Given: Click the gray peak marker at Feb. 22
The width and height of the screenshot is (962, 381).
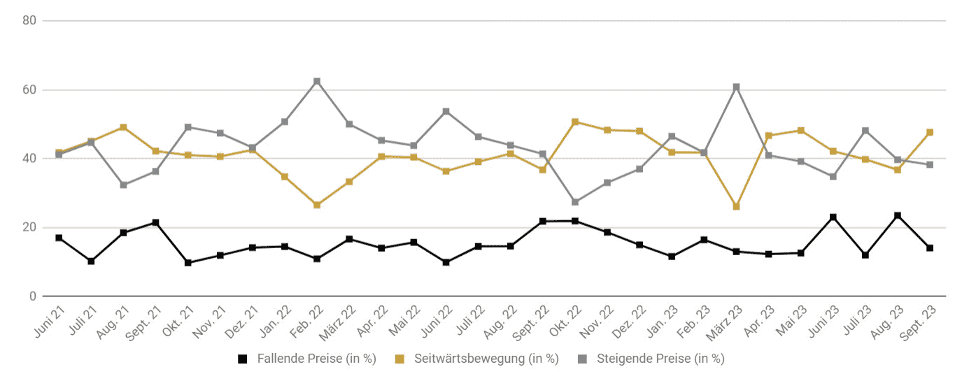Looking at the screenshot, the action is pos(317,82).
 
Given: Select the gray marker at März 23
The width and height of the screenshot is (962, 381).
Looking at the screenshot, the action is pos(737,87).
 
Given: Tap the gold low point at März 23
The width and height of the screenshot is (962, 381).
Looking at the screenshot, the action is pos(737,206).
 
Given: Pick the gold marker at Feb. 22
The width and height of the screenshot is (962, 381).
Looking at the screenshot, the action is pos(317,205).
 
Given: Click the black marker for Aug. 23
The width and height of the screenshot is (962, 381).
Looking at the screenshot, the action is pos(898,215).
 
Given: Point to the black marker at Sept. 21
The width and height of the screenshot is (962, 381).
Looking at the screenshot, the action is pos(155,223).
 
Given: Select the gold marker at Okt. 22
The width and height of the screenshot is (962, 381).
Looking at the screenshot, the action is pos(575,122).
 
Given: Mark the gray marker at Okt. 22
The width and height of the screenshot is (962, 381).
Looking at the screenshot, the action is pos(575,201).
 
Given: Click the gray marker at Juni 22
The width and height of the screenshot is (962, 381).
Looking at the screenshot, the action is pos(446,112).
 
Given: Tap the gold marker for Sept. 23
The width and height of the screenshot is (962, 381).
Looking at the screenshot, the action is pos(930,132).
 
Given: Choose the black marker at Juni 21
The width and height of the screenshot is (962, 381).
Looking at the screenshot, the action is pos(59,238).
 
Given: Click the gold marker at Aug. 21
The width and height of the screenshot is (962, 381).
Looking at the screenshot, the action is pos(123,127).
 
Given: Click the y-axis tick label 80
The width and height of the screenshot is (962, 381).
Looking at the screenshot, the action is pos(29,20).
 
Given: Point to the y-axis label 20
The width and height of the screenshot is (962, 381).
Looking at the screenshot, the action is pos(29,227).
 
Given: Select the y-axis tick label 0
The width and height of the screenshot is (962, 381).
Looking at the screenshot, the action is pos(33,296).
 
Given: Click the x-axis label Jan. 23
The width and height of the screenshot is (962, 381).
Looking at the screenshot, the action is pos(662,322).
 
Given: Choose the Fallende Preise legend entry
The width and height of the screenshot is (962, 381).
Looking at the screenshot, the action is pos(307,359).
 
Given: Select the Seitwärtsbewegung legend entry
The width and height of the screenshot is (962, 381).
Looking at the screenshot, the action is pos(476,359).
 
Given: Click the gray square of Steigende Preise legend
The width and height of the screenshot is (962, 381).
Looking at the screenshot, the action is pos(582,359).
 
